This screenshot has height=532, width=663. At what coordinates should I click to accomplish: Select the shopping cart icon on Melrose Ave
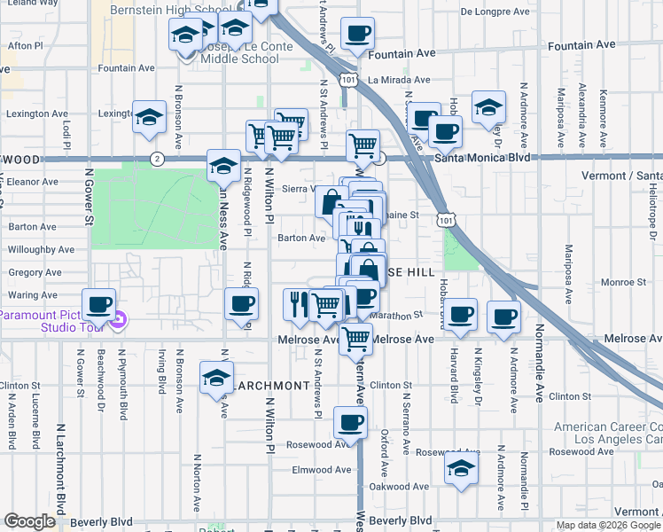point(355,337)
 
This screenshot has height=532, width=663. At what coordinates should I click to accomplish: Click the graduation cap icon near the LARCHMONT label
point(216,379)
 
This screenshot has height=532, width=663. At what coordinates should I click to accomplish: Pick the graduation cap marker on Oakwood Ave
point(461,469)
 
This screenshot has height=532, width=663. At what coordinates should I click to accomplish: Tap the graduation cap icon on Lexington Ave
point(149,117)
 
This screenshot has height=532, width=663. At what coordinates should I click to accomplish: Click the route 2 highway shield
point(157,159)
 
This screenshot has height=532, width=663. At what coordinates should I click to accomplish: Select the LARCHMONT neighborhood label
point(272,386)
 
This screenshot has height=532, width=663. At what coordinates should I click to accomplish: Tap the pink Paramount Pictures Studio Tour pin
point(120,320)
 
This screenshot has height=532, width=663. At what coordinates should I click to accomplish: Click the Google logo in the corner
point(30,521)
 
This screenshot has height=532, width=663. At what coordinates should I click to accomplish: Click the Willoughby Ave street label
point(34,250)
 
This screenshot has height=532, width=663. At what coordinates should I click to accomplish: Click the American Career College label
point(608,426)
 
